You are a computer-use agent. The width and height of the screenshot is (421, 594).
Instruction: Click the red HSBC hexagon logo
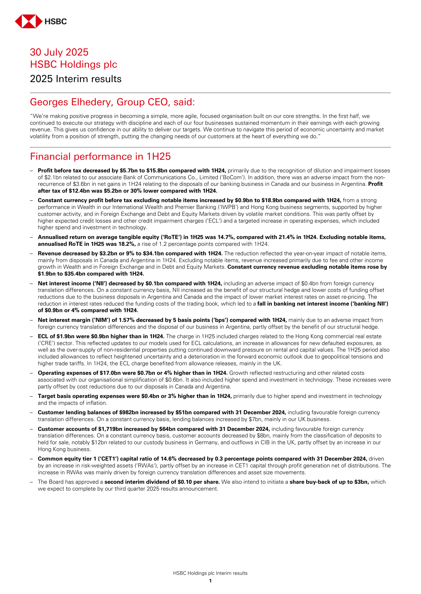click(28, 21)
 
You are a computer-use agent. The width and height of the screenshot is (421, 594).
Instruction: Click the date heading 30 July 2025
click(59, 52)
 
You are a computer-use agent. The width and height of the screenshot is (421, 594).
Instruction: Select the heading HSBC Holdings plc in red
click(73, 64)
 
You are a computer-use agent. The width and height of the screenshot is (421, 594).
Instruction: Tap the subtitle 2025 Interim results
click(76, 79)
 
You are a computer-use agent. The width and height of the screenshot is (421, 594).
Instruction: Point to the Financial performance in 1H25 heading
click(100, 157)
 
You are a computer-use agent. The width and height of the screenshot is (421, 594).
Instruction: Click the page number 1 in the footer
click(210, 581)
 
